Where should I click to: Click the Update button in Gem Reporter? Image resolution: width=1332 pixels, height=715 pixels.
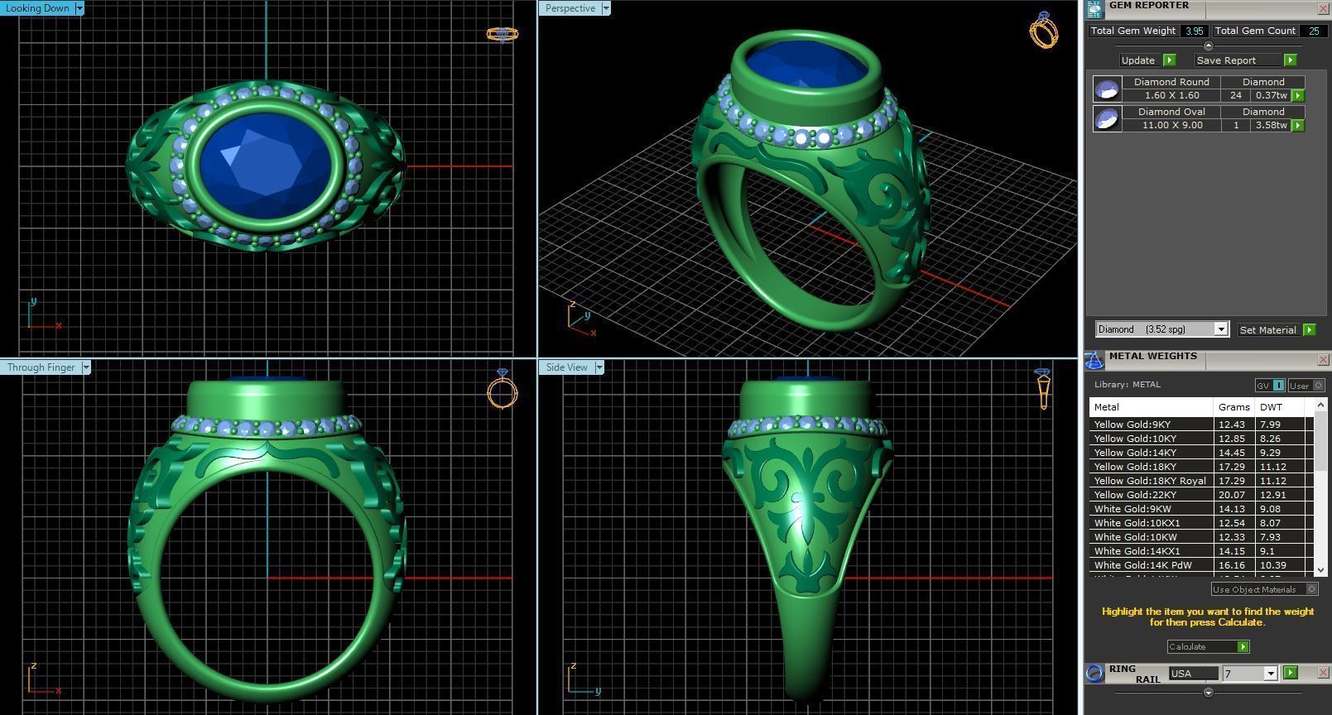(1138, 60)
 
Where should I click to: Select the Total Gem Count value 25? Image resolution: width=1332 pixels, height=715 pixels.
(1313, 31)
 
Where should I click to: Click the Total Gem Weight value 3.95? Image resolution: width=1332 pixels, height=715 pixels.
(1194, 31)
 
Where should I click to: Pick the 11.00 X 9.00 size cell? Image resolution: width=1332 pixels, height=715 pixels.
(1171, 125)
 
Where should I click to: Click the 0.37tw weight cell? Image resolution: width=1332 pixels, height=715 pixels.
(1271, 95)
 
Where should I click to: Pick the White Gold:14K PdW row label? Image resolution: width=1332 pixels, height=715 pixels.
(1142, 565)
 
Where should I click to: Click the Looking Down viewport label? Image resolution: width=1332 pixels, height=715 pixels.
(38, 8)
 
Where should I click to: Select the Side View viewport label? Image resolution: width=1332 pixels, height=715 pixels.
(566, 367)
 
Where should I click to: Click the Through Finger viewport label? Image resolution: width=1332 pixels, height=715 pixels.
(41, 367)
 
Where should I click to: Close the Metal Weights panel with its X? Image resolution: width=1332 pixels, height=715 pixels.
(1323, 359)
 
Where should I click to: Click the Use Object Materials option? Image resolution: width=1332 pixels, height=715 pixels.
(1254, 589)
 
